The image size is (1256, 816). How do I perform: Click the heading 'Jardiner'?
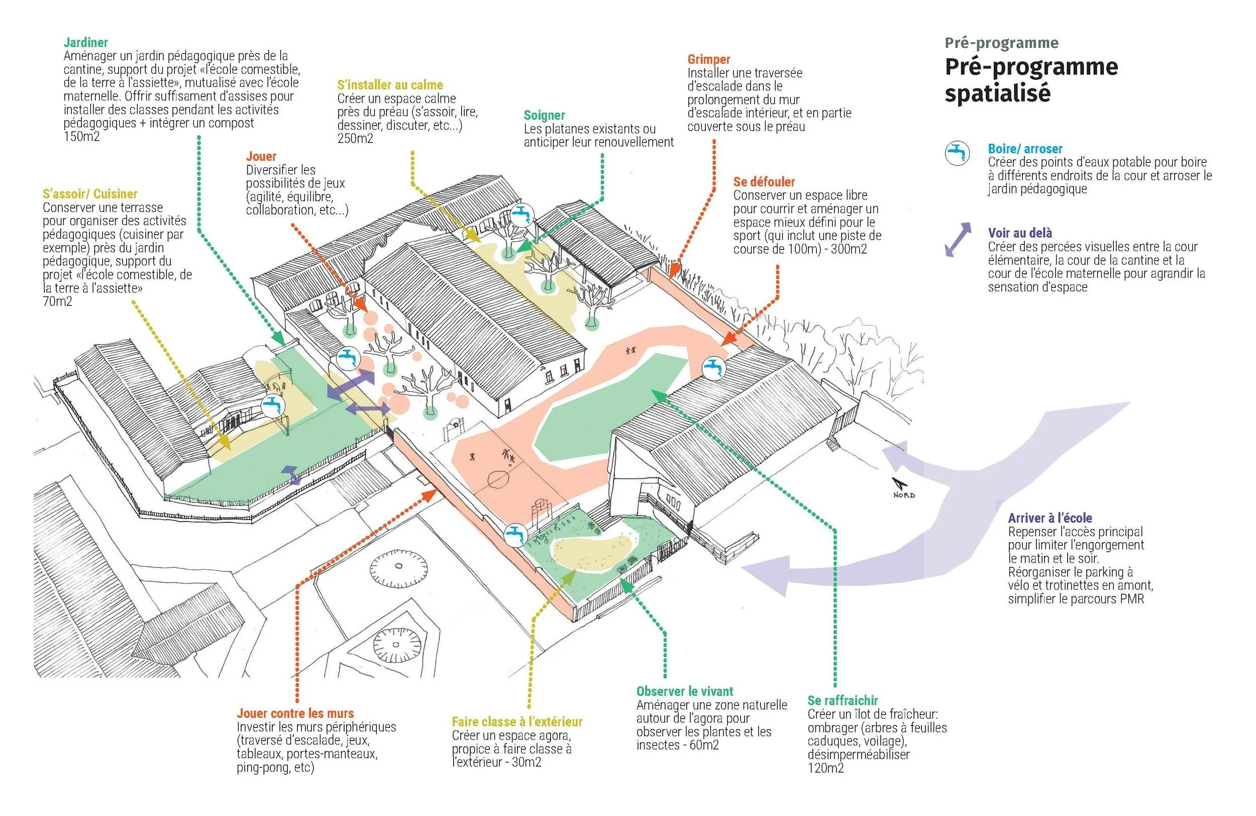pyautogui.click(x=85, y=43)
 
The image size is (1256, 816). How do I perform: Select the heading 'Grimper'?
pyautogui.click(x=709, y=60)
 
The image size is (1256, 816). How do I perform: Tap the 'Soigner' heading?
pyautogui.click(x=544, y=116)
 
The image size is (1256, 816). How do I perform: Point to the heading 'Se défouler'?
pyautogui.click(x=764, y=182)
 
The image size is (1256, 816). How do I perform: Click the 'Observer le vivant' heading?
pyautogui.click(x=684, y=691)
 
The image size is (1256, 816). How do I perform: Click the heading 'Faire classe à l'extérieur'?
pyautogui.click(x=516, y=722)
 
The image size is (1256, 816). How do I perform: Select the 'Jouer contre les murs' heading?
pyautogui.click(x=295, y=713)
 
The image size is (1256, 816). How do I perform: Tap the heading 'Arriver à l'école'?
pyautogui.click(x=1050, y=519)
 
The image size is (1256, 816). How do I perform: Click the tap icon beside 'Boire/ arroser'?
pyautogui.click(x=957, y=154)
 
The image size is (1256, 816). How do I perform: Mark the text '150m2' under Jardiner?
pyautogui.click(x=81, y=137)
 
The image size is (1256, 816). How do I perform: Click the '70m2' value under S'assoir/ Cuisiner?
pyautogui.click(x=57, y=302)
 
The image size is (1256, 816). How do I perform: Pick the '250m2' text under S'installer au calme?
pyautogui.click(x=355, y=139)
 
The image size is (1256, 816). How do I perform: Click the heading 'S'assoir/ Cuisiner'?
pyautogui.click(x=90, y=194)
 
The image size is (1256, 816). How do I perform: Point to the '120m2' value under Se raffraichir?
pyautogui.click(x=825, y=768)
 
